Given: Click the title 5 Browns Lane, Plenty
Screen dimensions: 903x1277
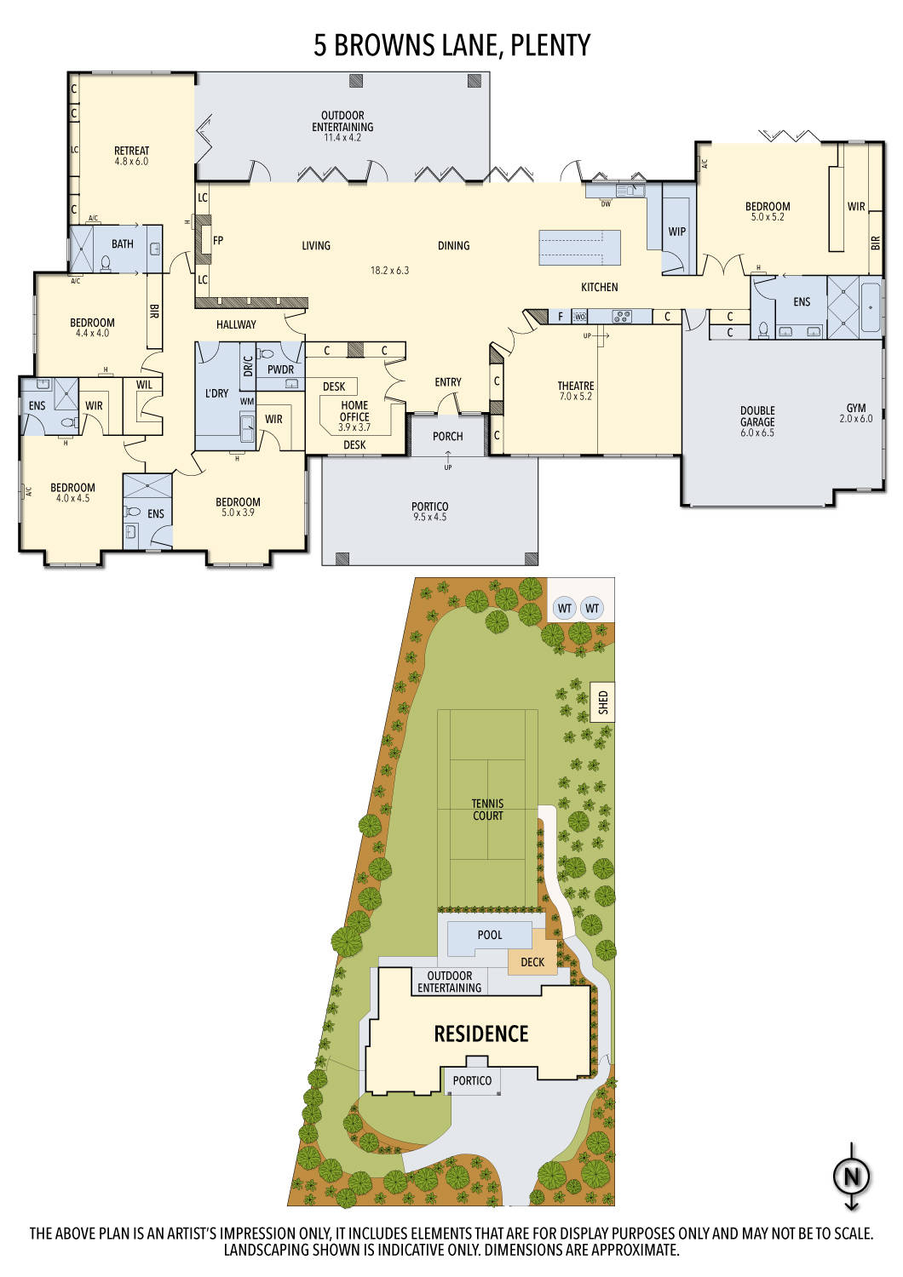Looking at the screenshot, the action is click(x=451, y=46).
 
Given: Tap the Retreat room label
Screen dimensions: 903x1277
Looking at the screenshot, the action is click(x=131, y=151).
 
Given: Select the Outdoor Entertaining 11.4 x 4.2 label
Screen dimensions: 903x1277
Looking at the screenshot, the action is click(x=342, y=126).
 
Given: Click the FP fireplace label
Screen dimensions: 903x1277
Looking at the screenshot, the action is click(x=218, y=241).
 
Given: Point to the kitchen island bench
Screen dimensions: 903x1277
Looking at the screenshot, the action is click(x=579, y=247).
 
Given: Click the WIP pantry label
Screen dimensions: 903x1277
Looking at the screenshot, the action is click(x=677, y=232).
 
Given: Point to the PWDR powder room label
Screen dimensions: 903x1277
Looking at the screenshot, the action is click(x=280, y=369).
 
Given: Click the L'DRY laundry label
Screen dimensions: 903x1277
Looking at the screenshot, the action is click(x=216, y=393).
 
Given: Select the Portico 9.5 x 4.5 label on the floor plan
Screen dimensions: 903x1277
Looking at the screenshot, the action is click(x=429, y=512).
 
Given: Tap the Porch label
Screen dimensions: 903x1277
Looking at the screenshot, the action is click(x=448, y=436).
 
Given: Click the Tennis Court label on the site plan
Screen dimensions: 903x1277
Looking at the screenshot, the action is click(x=488, y=810).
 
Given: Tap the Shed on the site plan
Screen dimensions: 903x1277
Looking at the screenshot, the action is click(x=603, y=702).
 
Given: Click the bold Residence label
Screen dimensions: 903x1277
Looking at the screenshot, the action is click(x=481, y=1034).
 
